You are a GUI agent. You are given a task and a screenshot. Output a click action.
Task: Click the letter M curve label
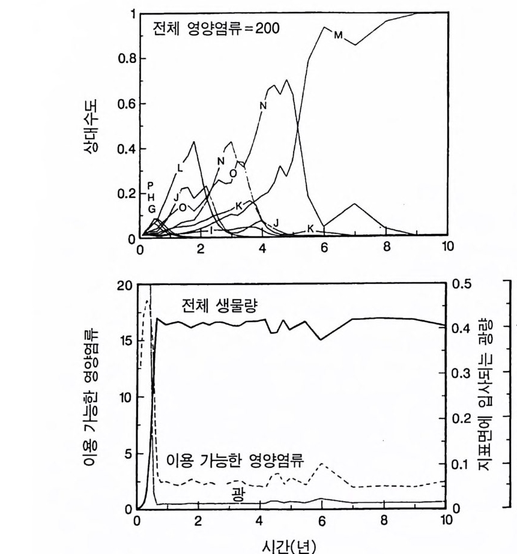click(x=338, y=35)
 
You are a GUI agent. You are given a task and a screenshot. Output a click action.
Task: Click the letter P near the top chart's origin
click(x=151, y=185)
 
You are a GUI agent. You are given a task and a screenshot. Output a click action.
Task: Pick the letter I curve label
click(x=211, y=229)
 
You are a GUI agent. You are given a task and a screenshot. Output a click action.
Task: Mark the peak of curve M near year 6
click(x=325, y=27)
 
